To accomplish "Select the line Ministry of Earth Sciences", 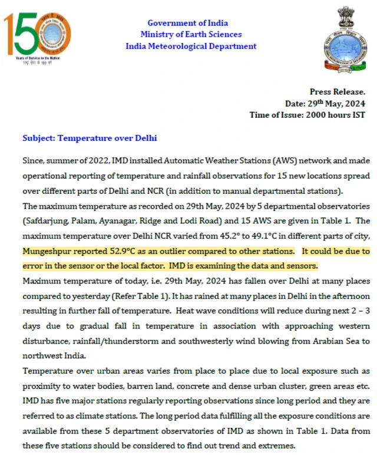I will tap(191, 34).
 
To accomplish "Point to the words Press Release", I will tap(338, 92).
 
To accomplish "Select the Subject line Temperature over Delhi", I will tap(90, 138).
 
